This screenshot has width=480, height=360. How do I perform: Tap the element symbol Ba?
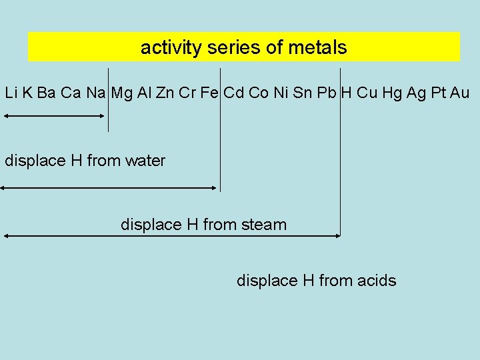pos(46,93)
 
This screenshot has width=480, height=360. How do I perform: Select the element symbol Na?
pos(95,93)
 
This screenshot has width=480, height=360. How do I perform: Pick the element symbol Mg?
pos(122,93)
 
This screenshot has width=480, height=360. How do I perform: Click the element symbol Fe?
pos(209,93)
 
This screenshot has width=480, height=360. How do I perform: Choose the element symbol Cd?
pos(233,93)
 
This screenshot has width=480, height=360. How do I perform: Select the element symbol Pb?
pos(327,93)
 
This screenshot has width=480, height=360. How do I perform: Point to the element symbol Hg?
pos(393,93)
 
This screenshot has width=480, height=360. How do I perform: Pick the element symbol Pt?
pos(438,93)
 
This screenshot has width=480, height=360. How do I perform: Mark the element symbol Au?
pos(460,93)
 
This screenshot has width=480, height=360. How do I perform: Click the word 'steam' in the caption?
pos(264,225)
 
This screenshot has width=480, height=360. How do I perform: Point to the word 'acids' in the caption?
pos(376,281)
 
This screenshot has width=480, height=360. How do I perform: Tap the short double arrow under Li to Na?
pos(54,116)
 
